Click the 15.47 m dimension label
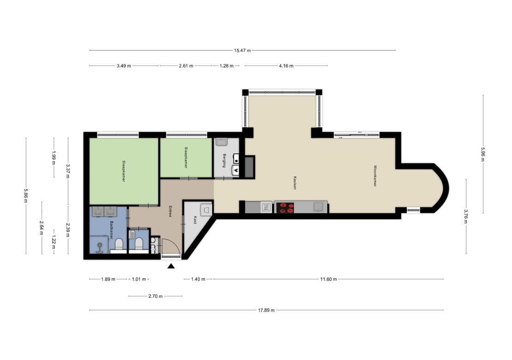point(242,51)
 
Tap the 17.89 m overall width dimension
point(267,310)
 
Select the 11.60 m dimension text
point(328,279)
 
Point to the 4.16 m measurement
point(286,66)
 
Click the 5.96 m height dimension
point(483,154)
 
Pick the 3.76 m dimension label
point(466,216)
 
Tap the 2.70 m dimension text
point(155,297)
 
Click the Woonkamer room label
point(375,176)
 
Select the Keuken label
point(295,183)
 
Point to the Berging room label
point(225,161)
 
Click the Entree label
point(170,211)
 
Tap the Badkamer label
point(111,230)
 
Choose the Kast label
point(195,220)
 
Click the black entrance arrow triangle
point(171,266)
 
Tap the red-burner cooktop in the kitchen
point(285,208)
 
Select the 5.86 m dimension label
point(25,195)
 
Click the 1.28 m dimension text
point(226,66)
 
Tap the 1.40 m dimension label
point(198,279)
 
